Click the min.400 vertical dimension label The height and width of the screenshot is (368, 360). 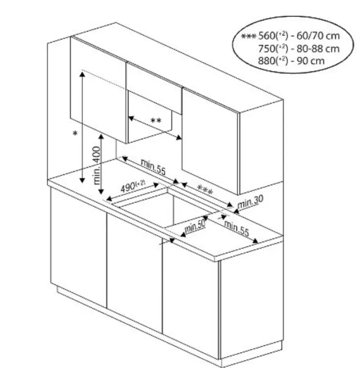pos(97,165)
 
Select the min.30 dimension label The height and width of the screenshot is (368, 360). pos(250,202)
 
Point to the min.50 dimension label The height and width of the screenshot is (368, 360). pos(195,225)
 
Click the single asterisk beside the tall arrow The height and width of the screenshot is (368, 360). pos(75,134)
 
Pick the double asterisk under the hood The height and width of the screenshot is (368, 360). pos(156,121)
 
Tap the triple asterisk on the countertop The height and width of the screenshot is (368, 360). pos(205,190)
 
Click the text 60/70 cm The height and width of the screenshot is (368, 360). pos(318,36)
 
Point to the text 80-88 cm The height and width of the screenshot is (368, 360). pos(318,49)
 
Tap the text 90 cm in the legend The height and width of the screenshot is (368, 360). pos(311,61)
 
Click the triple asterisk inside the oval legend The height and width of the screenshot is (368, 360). pos(249,36)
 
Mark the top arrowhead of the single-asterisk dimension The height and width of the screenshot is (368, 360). pos(82,74)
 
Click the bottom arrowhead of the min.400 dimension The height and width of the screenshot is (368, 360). pos(101,192)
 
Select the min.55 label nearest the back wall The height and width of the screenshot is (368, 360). pos(153,167)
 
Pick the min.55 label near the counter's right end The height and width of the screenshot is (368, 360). pos(236,228)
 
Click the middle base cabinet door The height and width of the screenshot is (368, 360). pos(134,272)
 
